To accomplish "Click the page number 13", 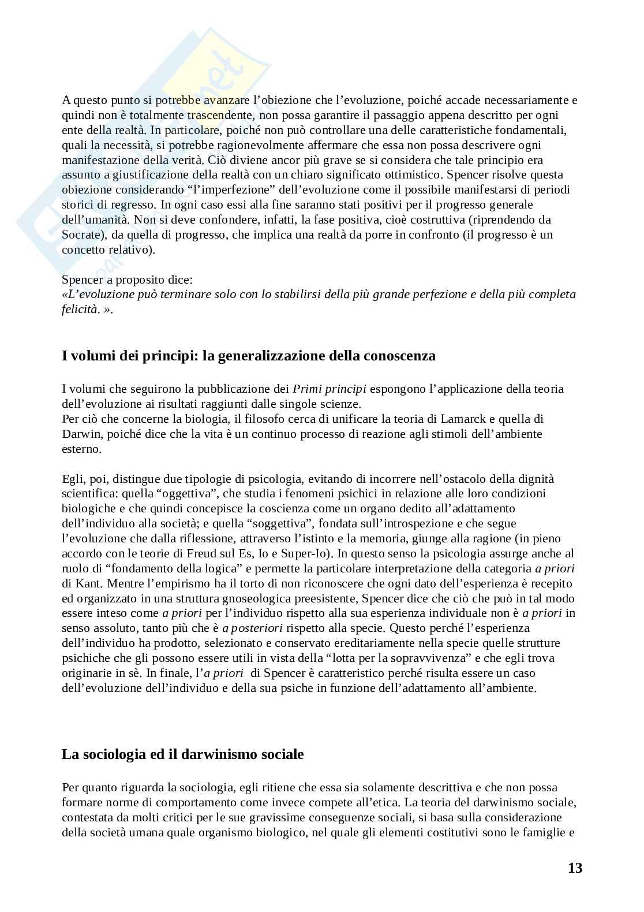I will [x=575, y=868].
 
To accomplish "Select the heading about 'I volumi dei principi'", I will [x=248, y=356].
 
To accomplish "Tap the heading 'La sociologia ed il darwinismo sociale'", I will [x=182, y=754].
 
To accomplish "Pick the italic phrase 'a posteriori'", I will [x=251, y=628].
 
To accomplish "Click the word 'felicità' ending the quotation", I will [x=80, y=310].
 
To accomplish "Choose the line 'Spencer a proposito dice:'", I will [x=127, y=280].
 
